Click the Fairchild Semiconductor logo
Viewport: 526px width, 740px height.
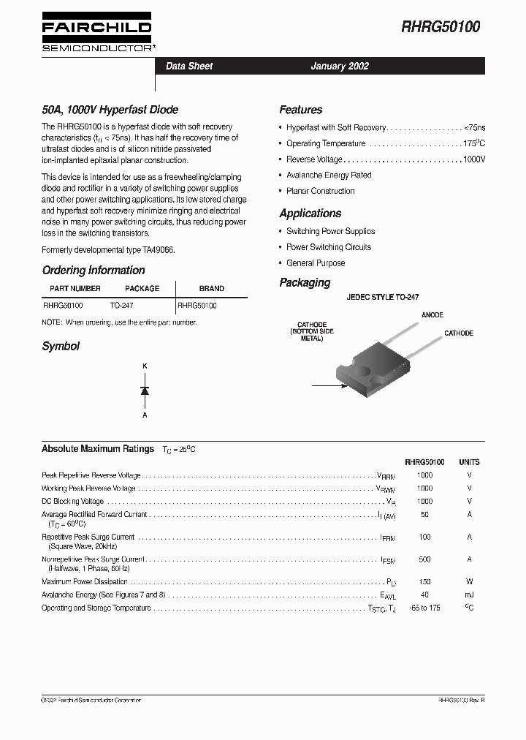tap(96, 33)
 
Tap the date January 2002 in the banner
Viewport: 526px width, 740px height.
tap(340, 66)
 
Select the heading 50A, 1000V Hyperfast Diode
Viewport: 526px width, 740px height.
tap(110, 110)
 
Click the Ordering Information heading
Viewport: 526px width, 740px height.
tap(94, 271)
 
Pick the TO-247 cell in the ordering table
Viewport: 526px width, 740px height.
tap(121, 305)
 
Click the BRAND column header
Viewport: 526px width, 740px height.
tap(212, 288)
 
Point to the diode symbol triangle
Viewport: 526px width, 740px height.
tap(145, 391)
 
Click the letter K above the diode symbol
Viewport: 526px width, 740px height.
tap(145, 366)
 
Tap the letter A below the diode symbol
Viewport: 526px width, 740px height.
tap(145, 415)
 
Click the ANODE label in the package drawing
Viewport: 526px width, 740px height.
tap(432, 315)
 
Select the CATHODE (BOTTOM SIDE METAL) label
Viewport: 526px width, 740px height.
tap(312, 332)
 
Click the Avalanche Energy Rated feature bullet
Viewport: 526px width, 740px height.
tap(329, 175)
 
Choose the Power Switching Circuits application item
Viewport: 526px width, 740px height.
tap(329, 247)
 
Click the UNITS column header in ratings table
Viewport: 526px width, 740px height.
tap(469, 462)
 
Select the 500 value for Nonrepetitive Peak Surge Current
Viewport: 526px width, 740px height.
tap(424, 559)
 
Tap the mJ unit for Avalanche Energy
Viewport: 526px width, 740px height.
tap(469, 595)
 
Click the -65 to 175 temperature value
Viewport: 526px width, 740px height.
tap(424, 608)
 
